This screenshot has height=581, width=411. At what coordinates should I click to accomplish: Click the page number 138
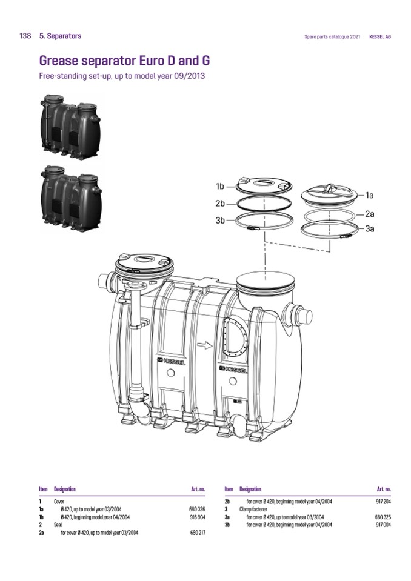(25, 36)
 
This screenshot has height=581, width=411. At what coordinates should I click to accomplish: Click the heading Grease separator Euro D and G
(124, 61)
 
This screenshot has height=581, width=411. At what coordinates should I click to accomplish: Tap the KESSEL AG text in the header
(380, 37)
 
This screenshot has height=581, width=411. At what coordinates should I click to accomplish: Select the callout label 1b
(220, 187)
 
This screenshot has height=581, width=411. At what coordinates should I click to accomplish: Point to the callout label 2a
(370, 214)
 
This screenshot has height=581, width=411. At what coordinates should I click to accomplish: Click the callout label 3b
(220, 221)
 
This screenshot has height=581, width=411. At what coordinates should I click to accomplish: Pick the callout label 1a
(370, 195)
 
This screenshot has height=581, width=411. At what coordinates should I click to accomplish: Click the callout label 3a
(370, 228)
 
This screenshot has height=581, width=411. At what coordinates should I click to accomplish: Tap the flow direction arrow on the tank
(204, 345)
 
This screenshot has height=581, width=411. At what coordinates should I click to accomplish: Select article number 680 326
(197, 509)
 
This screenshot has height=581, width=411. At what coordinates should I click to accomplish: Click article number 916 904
(197, 517)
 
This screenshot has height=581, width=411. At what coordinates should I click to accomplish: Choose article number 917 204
(383, 502)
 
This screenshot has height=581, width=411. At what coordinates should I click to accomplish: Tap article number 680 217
(197, 533)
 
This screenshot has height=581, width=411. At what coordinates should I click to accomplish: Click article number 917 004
(383, 525)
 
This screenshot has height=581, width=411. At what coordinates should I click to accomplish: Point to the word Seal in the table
(58, 525)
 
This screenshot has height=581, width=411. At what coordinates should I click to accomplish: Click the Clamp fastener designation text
(253, 509)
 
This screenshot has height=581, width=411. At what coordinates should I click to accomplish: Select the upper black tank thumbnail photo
(70, 127)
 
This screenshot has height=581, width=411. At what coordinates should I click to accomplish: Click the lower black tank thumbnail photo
(70, 199)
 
